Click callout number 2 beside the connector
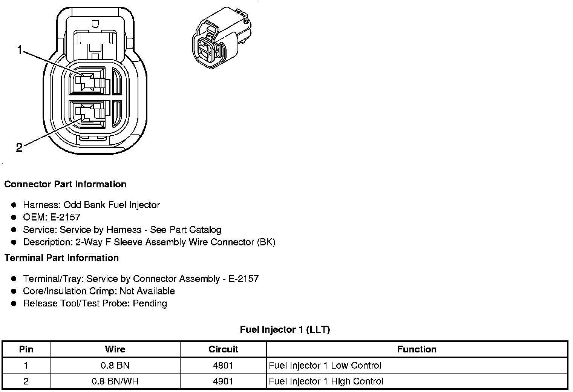19,148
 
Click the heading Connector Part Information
65,184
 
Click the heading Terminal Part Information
61,258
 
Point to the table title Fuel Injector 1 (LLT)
285,330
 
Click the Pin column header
26,349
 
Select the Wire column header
115,349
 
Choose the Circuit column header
223,349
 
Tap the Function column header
417,349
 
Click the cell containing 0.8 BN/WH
115,381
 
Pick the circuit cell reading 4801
223,366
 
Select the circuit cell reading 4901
223,381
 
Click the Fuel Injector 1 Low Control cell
325,366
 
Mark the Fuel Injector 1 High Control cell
326,381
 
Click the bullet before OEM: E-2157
14,217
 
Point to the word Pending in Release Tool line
150,303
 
